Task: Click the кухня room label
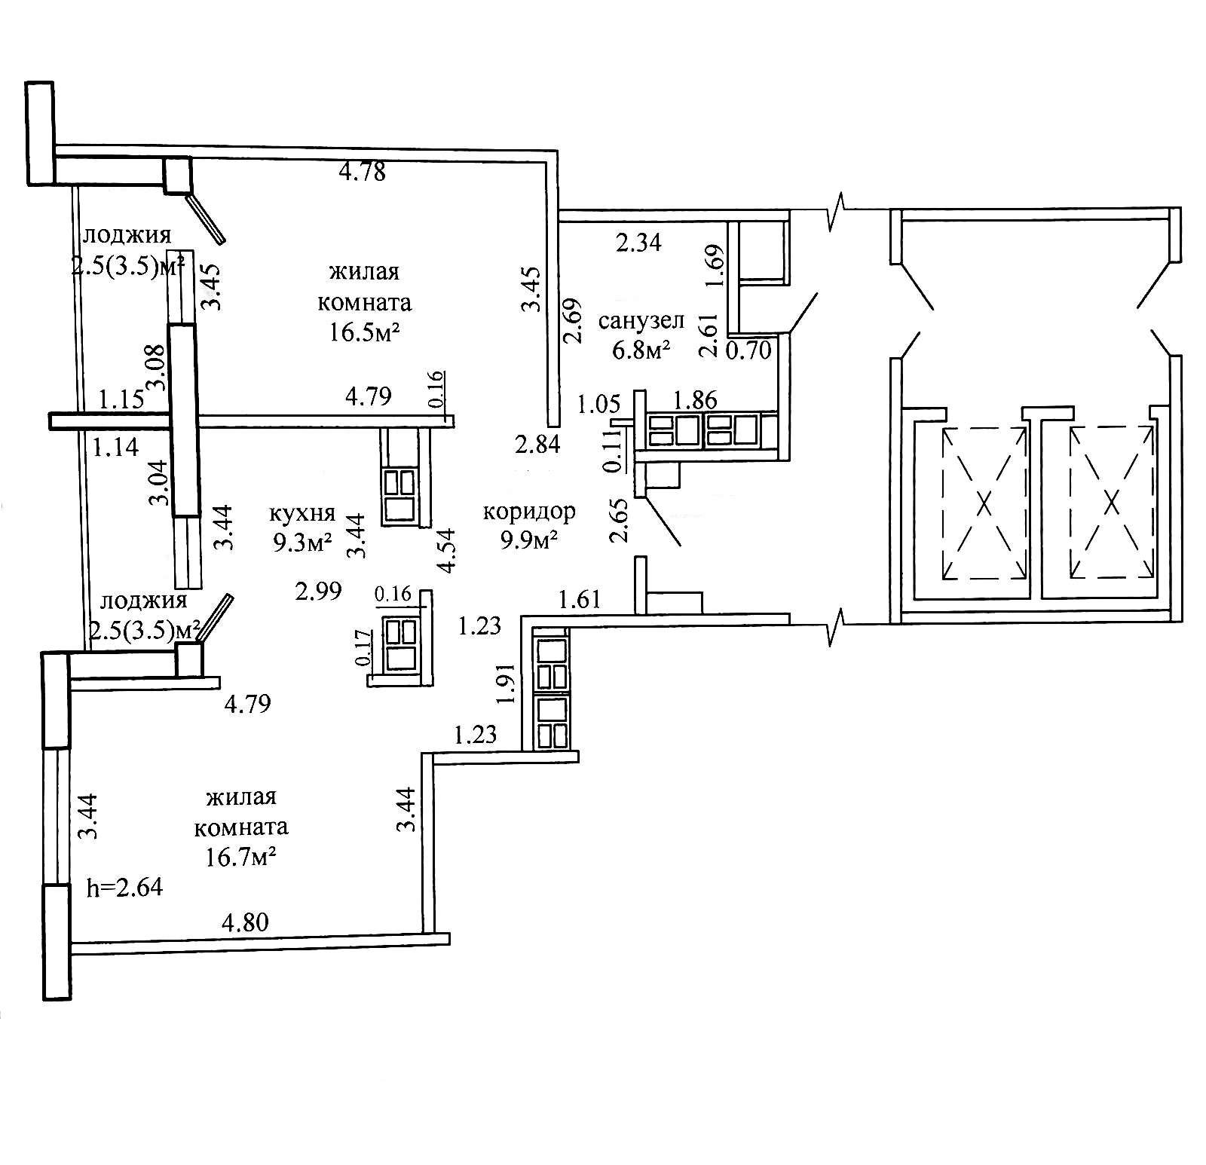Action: (302, 514)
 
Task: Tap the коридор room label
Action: (529, 512)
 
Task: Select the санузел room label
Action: (641, 322)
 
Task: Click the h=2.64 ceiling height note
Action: (125, 888)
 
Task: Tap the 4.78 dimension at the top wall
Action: (363, 173)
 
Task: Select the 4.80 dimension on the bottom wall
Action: (244, 922)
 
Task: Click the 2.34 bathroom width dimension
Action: (638, 243)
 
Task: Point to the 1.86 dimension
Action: (694, 399)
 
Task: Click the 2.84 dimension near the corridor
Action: (537, 445)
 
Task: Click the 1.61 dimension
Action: (580, 600)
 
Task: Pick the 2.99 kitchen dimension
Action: (319, 592)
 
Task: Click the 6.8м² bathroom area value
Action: (641, 350)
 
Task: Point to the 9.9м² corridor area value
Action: (531, 540)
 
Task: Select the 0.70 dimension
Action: (748, 350)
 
